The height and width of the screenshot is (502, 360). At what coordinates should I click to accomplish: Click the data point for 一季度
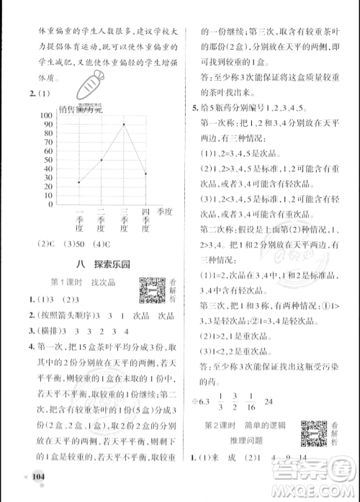coord(79,182)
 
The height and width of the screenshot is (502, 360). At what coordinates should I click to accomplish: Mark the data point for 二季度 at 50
coord(102,160)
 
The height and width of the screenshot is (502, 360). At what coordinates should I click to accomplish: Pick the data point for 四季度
coord(146,174)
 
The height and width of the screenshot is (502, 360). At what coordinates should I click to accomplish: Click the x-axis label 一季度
coord(79,219)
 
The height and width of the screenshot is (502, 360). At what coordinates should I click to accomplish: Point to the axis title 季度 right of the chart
coord(166,212)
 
